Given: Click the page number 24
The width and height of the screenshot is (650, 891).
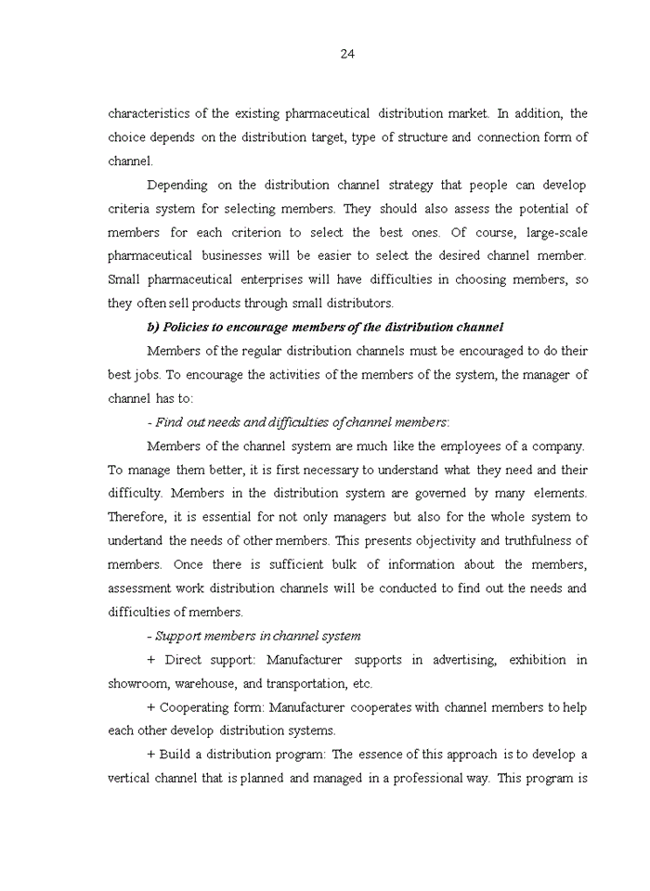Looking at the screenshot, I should point(347,54).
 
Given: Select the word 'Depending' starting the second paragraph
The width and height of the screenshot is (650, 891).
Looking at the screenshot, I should point(177,185).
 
